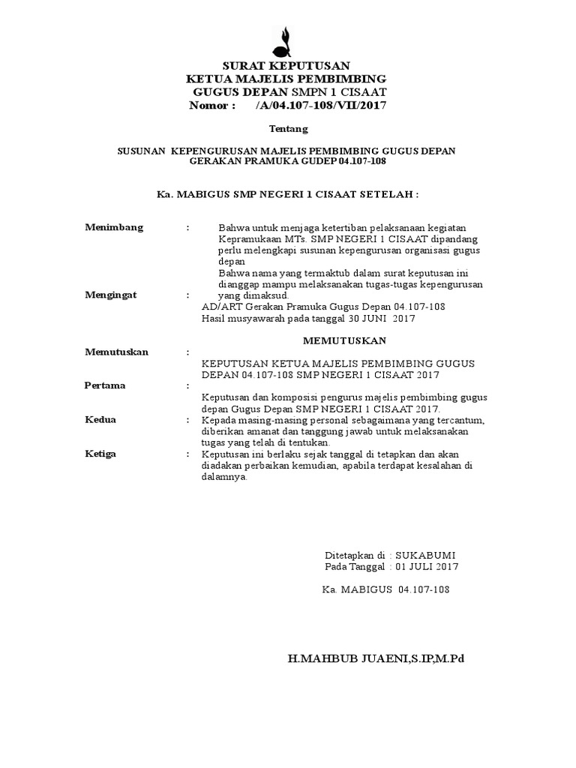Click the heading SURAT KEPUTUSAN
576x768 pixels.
click(285, 66)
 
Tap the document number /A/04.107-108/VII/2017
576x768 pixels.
click(320, 105)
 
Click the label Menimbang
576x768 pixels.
click(114, 227)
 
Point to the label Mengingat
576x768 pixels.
click(113, 295)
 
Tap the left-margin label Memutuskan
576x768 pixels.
click(117, 352)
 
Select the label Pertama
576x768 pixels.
click(105, 385)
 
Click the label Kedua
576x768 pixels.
click(100, 420)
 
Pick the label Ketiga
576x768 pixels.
click(102, 454)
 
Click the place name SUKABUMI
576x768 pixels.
click(425, 555)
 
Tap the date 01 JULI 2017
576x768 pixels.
click(427, 567)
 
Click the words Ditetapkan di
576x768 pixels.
click(355, 555)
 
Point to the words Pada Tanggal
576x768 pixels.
click(355, 567)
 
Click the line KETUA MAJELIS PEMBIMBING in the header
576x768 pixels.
click(286, 79)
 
